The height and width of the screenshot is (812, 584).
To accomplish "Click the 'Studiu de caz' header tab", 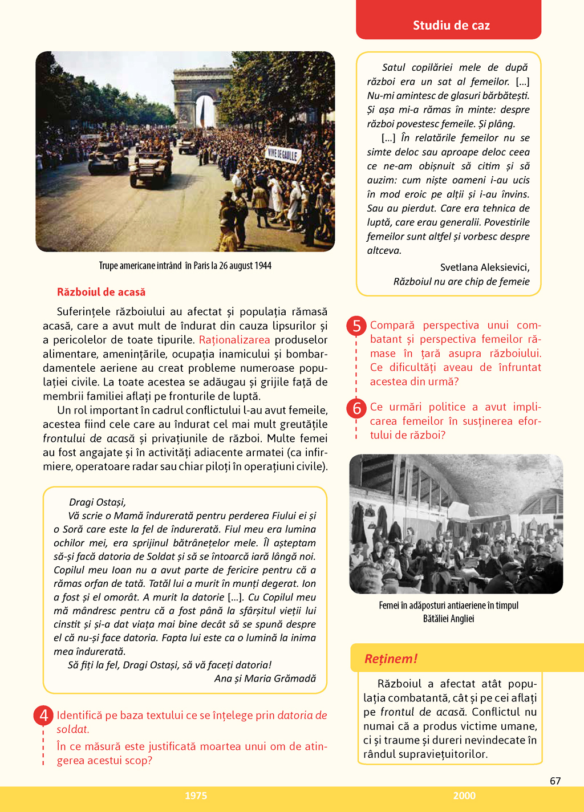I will (x=451, y=25).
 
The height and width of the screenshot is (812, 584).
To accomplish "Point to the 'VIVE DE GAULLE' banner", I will (x=283, y=154).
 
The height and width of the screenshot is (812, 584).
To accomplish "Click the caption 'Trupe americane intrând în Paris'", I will (x=185, y=266).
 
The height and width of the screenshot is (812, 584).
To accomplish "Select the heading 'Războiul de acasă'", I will (x=101, y=292).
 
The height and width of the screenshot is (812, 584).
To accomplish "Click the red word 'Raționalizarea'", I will (x=234, y=340).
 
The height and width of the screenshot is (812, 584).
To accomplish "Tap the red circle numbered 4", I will (x=43, y=715).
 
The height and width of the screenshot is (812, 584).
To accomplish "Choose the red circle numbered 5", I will (x=356, y=326).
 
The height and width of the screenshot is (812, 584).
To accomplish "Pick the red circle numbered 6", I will (x=356, y=408).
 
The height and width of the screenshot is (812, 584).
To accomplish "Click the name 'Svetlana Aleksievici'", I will (x=485, y=267).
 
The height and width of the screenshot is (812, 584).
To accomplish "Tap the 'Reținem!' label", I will (x=391, y=659).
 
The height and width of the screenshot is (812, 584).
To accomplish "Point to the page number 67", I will (x=555, y=781).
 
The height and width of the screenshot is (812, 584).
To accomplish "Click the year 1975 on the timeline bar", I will (x=196, y=795).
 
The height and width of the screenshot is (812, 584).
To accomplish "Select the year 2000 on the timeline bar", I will (x=464, y=795).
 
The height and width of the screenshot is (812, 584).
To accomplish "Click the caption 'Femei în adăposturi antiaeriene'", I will (x=448, y=606).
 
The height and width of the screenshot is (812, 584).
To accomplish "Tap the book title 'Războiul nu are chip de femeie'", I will (x=461, y=282).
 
